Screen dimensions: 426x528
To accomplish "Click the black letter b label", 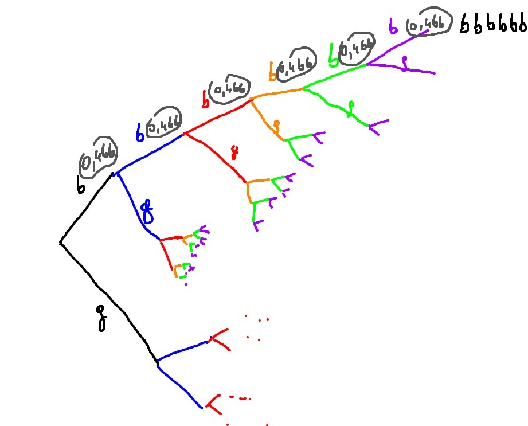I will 81,184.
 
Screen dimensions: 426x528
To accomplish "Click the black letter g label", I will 102,318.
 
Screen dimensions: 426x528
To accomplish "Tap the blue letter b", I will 139,131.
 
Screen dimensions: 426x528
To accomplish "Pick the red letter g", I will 234,153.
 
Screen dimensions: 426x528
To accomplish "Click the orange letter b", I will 273,71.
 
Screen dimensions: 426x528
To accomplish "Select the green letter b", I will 333,55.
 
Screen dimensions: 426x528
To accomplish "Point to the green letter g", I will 351,108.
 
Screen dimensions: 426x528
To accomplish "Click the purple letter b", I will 393,26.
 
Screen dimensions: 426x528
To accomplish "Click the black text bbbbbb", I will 494,25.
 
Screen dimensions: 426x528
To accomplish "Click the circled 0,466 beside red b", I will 229,89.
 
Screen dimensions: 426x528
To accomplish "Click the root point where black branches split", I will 61,244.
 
